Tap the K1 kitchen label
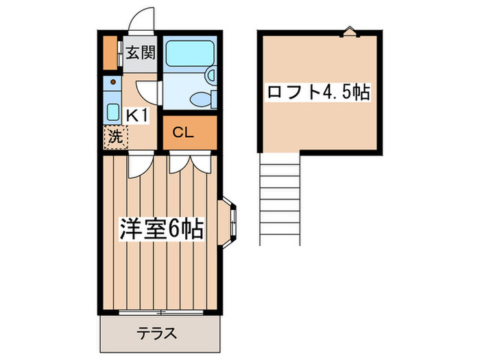click(x=137, y=115)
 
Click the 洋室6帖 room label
click(x=162, y=228)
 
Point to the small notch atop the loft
click(x=350, y=30)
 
